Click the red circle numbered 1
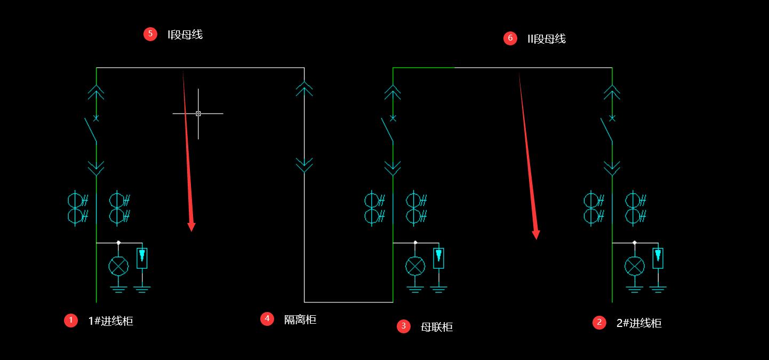pyautogui.click(x=71, y=320)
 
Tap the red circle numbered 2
pyautogui.click(x=599, y=322)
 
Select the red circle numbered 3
pyautogui.click(x=404, y=326)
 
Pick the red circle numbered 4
pyautogui.click(x=267, y=318)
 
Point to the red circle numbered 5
pyautogui.click(x=150, y=34)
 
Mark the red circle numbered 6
pyautogui.click(x=510, y=38)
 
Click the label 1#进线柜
pyautogui.click(x=111, y=321)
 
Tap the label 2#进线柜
pyautogui.click(x=639, y=323)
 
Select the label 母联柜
pyautogui.click(x=437, y=327)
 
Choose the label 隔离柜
pyautogui.click(x=300, y=319)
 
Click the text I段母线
pyautogui.click(x=185, y=35)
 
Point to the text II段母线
pyautogui.click(x=546, y=39)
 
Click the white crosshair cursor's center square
pyautogui.click(x=198, y=114)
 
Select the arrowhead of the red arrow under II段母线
pyautogui.click(x=536, y=235)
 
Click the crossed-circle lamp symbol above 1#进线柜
pyautogui.click(x=118, y=266)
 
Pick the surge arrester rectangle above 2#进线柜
pyautogui.click(x=658, y=258)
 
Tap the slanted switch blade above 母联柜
pyautogui.click(x=387, y=130)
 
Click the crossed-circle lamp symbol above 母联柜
pyautogui.click(x=415, y=266)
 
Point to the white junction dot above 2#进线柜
pyautogui.click(x=635, y=243)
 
